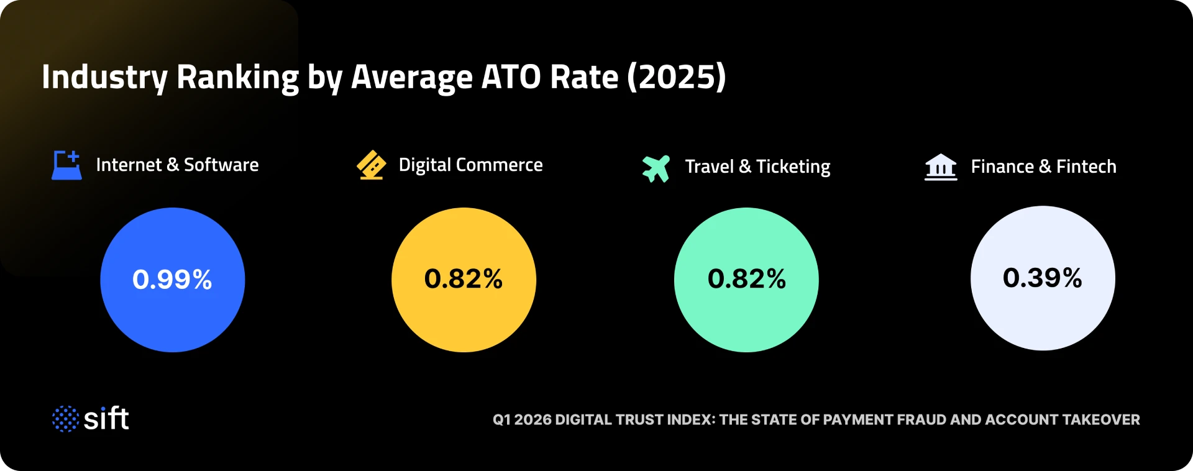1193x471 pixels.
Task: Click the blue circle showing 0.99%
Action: (x=172, y=280)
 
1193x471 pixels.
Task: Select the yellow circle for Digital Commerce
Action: (x=464, y=280)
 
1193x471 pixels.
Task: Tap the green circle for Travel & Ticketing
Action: (x=746, y=280)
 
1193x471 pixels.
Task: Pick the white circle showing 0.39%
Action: (x=1043, y=278)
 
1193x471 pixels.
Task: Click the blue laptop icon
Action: (x=66, y=165)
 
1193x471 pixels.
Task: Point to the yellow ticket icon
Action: (x=372, y=165)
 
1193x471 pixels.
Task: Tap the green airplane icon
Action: (x=656, y=168)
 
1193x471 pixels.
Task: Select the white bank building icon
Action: (x=941, y=167)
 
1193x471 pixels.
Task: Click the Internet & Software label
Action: (x=177, y=165)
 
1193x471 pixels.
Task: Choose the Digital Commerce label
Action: (x=470, y=165)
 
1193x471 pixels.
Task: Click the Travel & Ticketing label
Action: (x=757, y=167)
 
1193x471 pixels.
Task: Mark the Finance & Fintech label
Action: (x=1043, y=167)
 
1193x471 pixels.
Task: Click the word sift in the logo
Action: (x=106, y=419)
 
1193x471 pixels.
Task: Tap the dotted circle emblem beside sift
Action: (x=65, y=419)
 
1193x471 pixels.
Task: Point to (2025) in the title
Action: (x=676, y=77)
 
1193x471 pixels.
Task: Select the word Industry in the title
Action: (x=104, y=77)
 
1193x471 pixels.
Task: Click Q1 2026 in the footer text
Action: (x=522, y=419)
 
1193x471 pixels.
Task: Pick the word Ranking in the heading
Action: (x=237, y=77)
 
